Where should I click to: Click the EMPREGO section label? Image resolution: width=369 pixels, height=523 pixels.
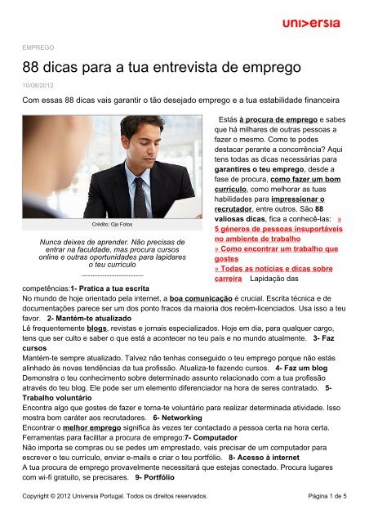pyautogui.click(x=38, y=47)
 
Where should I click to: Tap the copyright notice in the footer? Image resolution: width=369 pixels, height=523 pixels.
pyautogui.click(x=114, y=495)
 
